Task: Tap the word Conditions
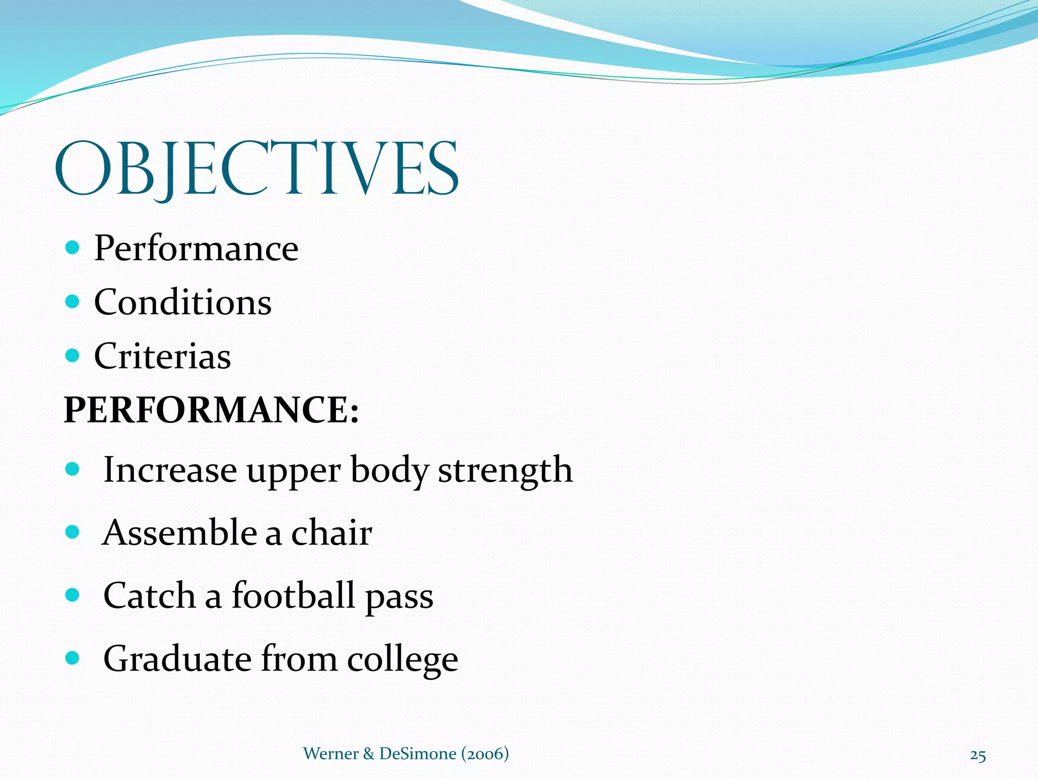coord(182,302)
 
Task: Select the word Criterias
coord(162,356)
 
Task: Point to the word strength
coord(505,470)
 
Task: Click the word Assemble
coord(179,533)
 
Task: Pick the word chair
coord(331,533)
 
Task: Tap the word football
coord(293,595)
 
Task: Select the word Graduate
coord(177,659)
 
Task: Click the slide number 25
coord(978,755)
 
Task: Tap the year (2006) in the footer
coord(485,754)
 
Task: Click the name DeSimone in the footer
coord(418,754)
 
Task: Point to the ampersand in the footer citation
coord(368,754)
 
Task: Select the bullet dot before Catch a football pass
coord(73,594)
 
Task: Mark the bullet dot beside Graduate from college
coord(73,658)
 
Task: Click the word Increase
coord(170,470)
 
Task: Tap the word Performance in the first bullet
coord(196,249)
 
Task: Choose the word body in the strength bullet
coord(389,470)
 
